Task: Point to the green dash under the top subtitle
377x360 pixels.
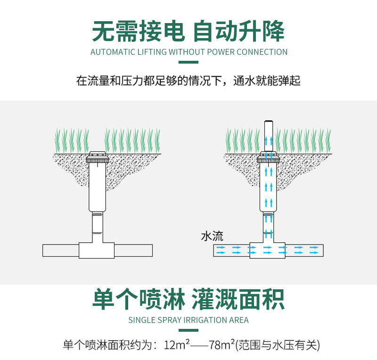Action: (x=188, y=62)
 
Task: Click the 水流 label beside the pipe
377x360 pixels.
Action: (x=212, y=236)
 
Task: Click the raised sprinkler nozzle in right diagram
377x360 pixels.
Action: (x=268, y=134)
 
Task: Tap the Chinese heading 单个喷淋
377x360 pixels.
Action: (x=139, y=299)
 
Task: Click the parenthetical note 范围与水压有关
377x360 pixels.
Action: (x=278, y=344)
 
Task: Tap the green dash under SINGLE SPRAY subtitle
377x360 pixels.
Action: (x=188, y=330)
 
